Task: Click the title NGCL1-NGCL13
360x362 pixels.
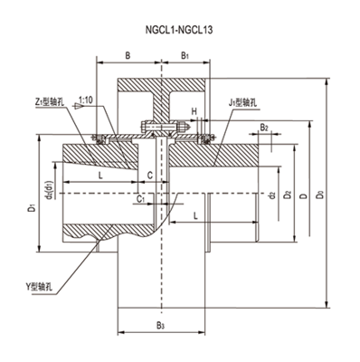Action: [x=179, y=30]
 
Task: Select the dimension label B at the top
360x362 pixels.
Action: [x=128, y=55]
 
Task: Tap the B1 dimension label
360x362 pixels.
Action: [x=185, y=56]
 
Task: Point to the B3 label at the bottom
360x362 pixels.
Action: [x=160, y=326]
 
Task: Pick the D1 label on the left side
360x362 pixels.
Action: [x=33, y=207]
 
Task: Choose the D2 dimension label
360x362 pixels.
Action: [x=288, y=195]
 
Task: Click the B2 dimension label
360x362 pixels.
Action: [x=264, y=128]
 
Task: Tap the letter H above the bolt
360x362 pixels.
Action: [x=194, y=111]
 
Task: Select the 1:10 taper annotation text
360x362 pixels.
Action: [x=86, y=100]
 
